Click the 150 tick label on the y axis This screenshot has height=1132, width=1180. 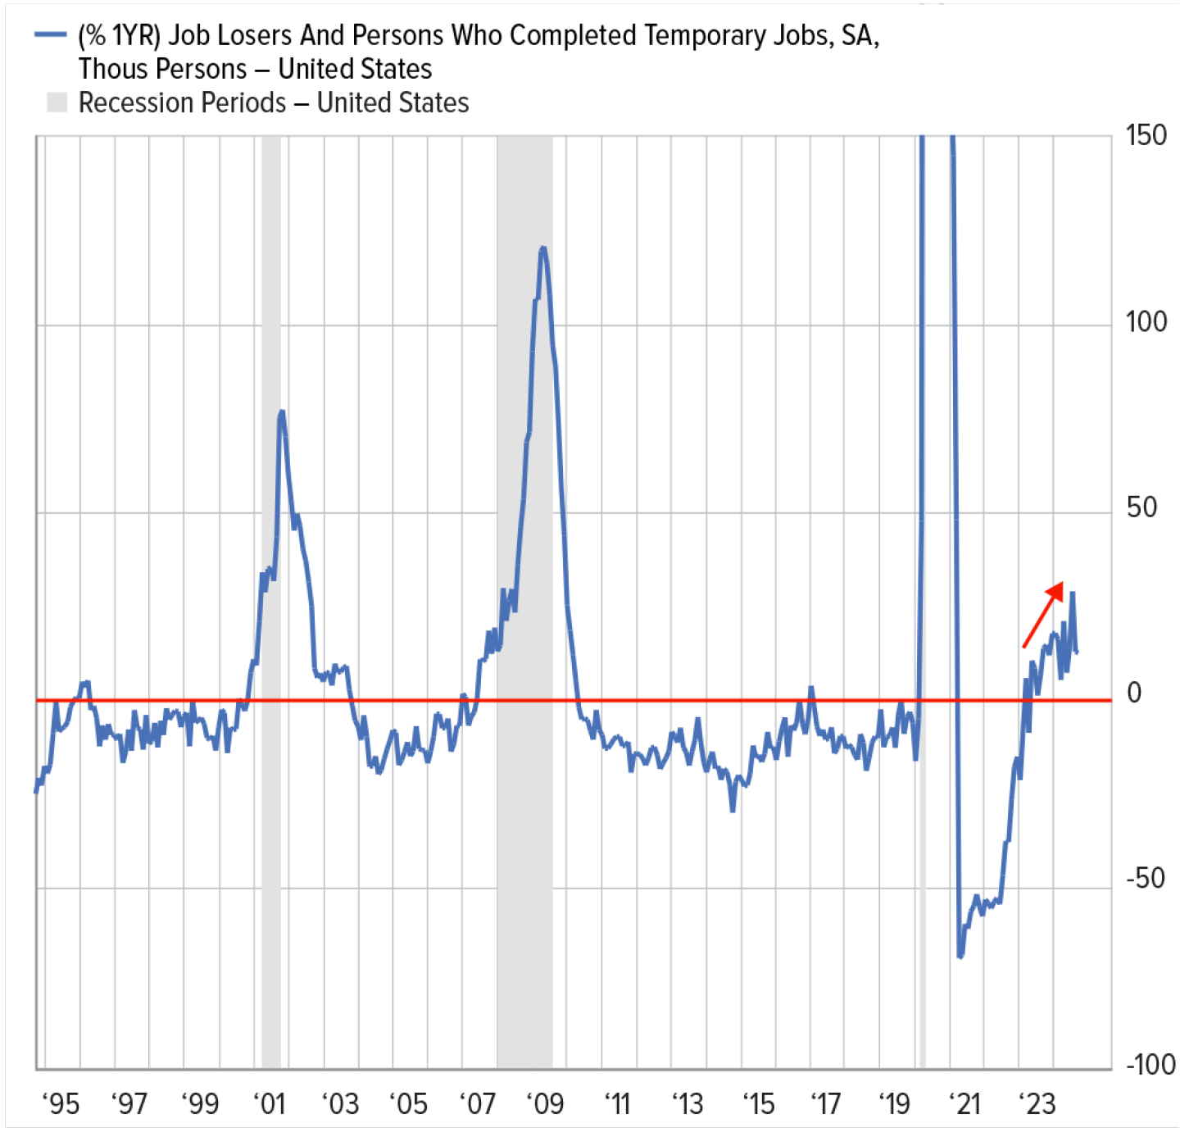[1145, 136]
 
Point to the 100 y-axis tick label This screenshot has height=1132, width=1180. [1145, 322]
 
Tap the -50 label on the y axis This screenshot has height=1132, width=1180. [1145, 879]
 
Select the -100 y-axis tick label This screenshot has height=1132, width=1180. [1150, 1065]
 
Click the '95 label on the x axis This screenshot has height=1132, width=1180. [60, 1104]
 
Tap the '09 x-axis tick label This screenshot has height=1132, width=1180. [545, 1104]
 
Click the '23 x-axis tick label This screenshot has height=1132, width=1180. [1037, 1104]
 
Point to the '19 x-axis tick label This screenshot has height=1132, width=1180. [895, 1104]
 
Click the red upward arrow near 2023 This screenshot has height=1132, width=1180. [1043, 614]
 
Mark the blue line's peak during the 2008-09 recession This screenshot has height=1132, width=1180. [542, 248]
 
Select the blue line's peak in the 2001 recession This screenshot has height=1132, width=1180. [281, 412]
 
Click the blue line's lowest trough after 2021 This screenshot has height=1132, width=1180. [960, 956]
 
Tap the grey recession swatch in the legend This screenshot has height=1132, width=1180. [57, 102]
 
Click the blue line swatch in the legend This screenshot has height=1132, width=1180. [50, 34]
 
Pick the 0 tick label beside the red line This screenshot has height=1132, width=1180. [1134, 693]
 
